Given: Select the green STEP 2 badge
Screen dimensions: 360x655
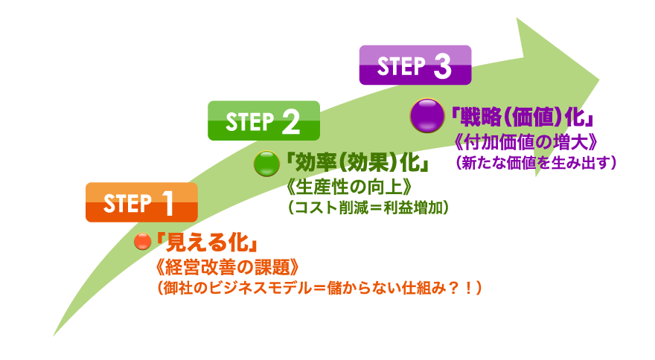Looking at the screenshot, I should coord(263,120).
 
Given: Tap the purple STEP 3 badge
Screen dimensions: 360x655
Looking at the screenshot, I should coord(415,65).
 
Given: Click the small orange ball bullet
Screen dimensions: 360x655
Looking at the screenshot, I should coord(141,242).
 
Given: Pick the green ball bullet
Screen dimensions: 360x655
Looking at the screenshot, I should coord(266,163).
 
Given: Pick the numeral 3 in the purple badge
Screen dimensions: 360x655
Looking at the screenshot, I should coord(441,67).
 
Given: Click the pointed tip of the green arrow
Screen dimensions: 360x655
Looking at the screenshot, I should coord(600,75).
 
